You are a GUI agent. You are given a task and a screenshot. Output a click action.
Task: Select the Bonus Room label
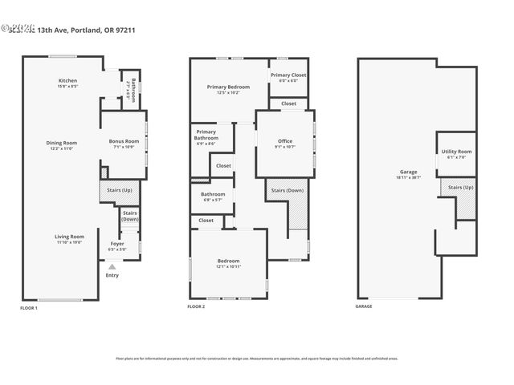(124, 144)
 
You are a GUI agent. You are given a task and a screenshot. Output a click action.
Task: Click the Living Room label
(70, 239)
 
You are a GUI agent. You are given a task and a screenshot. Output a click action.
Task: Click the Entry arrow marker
(112, 266)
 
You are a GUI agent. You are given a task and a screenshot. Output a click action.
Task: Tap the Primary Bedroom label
(223, 89)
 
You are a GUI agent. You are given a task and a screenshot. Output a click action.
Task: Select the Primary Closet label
(288, 78)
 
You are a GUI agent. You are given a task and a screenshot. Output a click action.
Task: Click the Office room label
(284, 144)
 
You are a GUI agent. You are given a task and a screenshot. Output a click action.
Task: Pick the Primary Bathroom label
(206, 138)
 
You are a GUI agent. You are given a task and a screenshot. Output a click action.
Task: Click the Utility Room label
(455, 154)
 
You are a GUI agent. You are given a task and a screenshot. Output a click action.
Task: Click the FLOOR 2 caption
(196, 307)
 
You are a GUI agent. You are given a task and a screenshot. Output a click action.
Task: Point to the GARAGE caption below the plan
(364, 307)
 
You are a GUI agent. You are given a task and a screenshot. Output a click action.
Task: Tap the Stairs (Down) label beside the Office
(287, 191)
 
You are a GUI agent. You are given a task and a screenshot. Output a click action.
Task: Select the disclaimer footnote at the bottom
(257, 359)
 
